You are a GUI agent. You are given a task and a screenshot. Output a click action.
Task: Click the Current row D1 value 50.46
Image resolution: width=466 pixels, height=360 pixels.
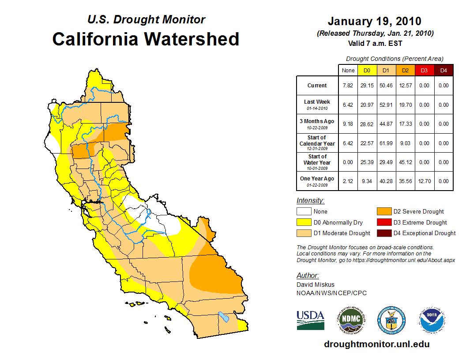click(386, 86)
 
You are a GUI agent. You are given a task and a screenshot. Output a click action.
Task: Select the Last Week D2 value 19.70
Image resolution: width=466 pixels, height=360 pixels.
click(405, 105)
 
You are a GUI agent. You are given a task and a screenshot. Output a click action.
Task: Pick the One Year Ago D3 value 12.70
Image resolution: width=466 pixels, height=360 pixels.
click(424, 181)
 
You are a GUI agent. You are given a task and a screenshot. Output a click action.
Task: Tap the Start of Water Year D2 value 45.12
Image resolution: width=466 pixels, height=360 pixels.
click(405, 162)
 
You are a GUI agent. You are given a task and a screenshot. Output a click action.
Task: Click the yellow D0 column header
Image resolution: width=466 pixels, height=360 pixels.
click(367, 70)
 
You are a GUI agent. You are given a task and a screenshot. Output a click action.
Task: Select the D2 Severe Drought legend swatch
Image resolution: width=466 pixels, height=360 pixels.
click(384, 212)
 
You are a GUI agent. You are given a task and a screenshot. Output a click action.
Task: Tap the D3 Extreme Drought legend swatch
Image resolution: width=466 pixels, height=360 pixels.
click(384, 222)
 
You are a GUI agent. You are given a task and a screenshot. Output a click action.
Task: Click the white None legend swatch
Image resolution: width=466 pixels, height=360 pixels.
click(304, 212)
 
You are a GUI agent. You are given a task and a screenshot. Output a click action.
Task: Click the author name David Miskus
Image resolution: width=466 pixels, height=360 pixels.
click(316, 285)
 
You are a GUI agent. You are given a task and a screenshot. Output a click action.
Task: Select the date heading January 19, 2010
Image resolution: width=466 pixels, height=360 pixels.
click(374, 21)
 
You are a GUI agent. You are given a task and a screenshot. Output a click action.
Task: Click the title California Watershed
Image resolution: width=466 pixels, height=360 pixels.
click(146, 39)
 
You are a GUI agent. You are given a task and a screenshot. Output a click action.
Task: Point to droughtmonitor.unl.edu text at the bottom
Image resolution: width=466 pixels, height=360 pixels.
click(376, 344)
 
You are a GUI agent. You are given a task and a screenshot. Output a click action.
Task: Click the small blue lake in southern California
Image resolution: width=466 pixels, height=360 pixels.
click(224, 317)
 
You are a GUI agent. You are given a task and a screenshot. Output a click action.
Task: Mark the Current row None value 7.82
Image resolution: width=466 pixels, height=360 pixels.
click(348, 86)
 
